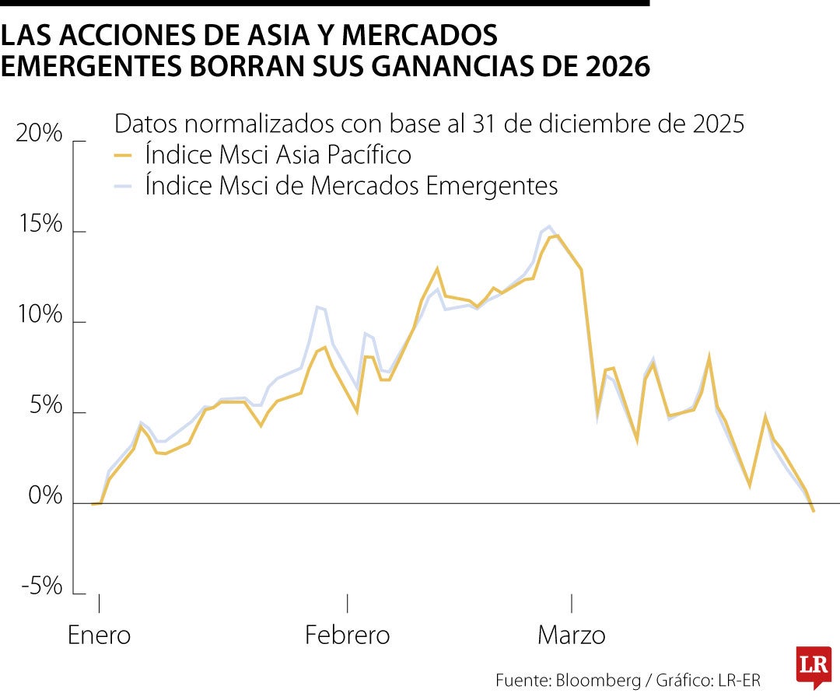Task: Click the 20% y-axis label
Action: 38,134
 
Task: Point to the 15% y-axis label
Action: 38,225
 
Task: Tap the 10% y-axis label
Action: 38,315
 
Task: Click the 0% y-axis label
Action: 44,496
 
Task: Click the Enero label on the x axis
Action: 99,635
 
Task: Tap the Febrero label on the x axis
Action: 347,635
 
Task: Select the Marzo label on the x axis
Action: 572,635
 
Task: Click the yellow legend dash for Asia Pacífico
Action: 123,155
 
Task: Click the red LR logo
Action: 814,666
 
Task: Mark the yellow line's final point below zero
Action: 814,511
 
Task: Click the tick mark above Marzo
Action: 572,604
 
